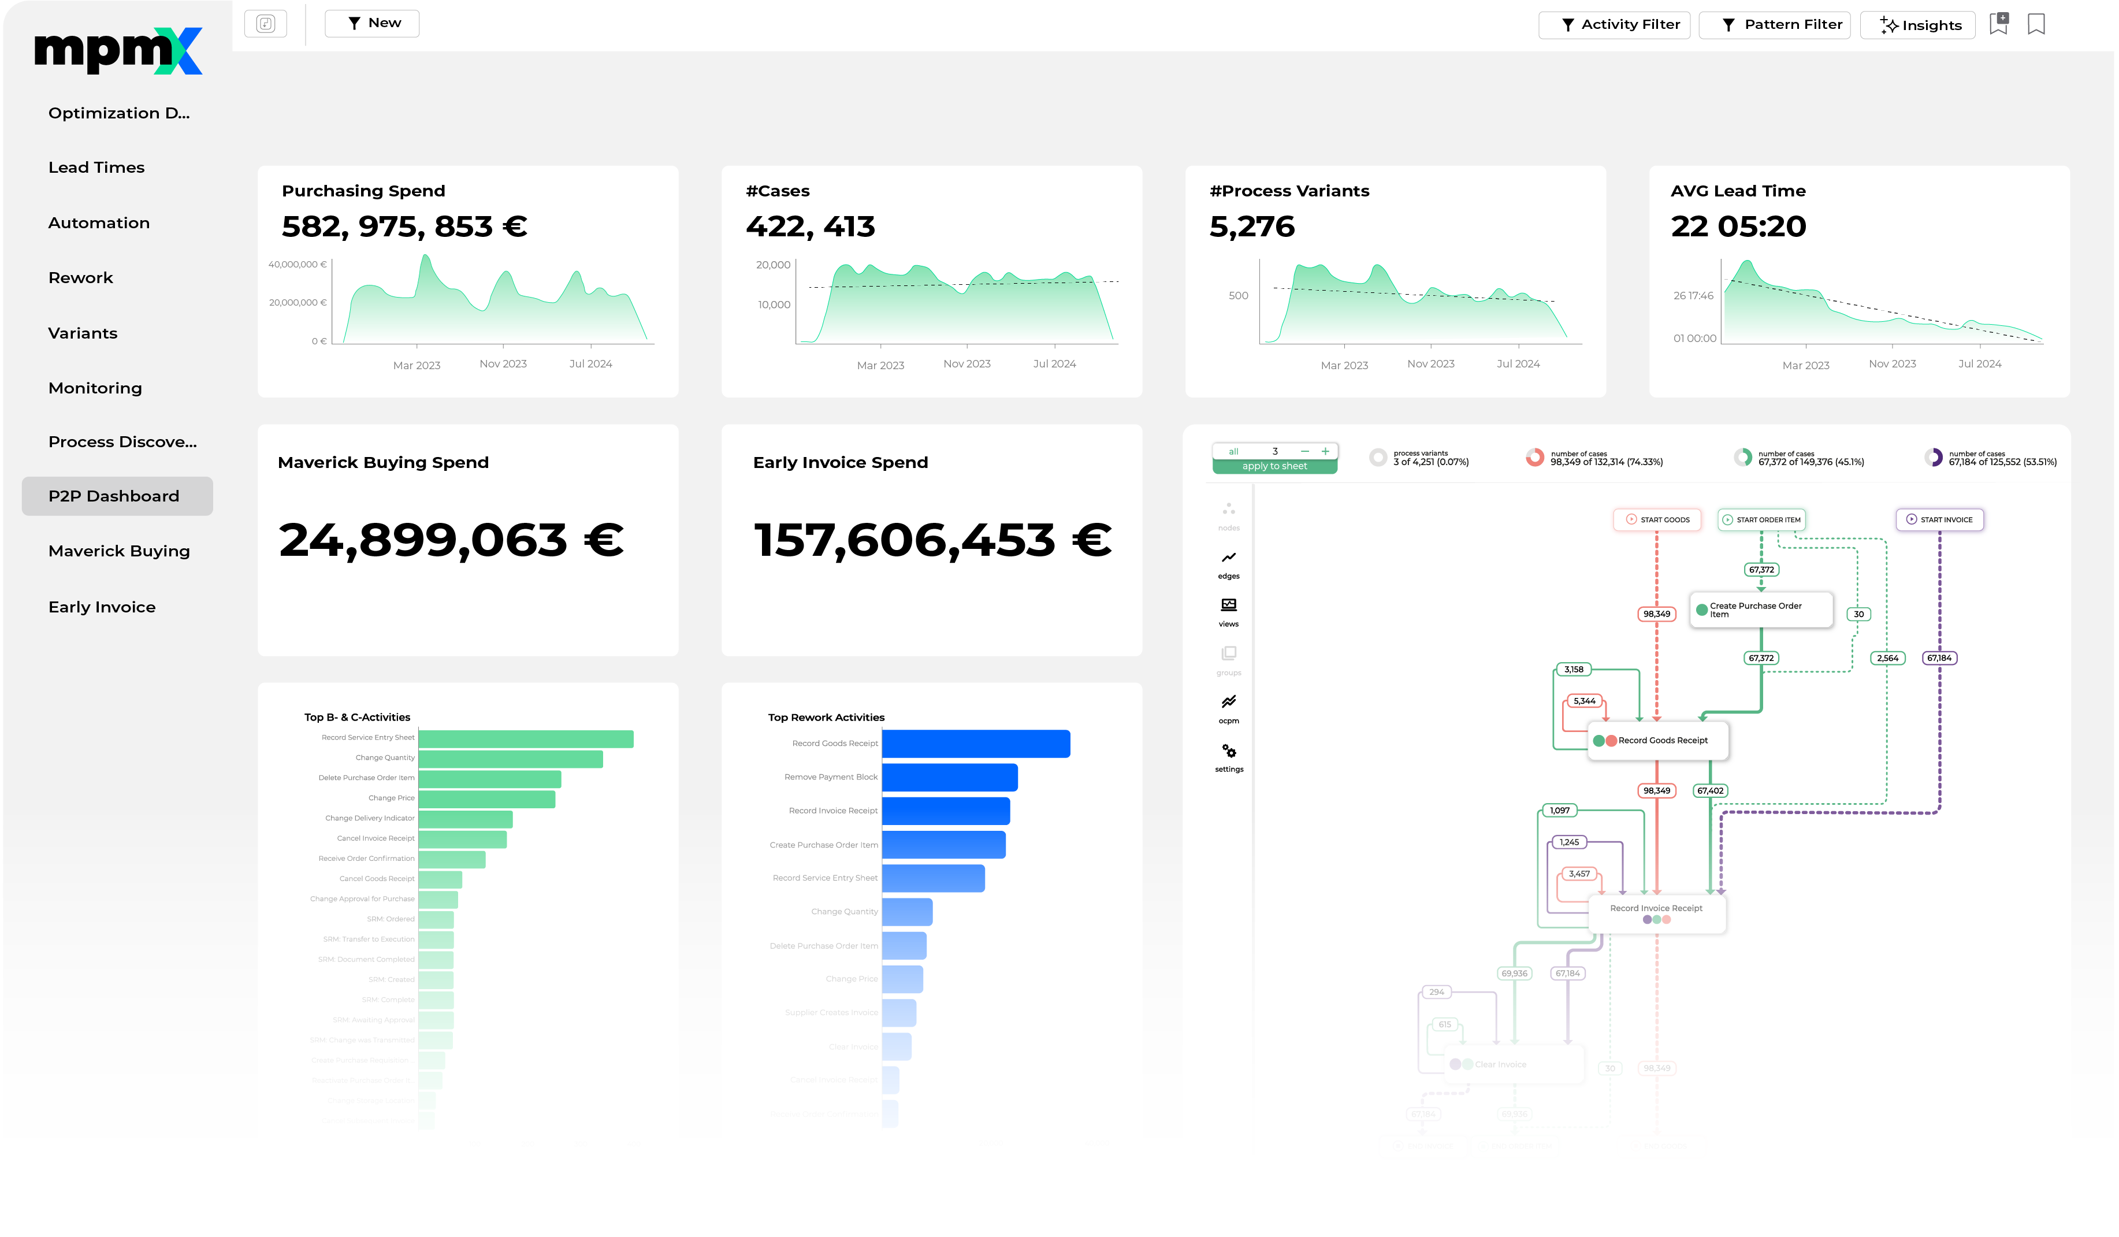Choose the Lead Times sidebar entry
click(x=96, y=168)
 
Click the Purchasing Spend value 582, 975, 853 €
click(x=404, y=226)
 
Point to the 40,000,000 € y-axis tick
click(x=298, y=264)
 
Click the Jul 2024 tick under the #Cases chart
click(x=1054, y=364)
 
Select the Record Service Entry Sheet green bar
click(x=526, y=739)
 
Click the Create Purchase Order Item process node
click(x=1761, y=610)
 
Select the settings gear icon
click(x=1230, y=752)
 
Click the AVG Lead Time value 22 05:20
click(x=1739, y=226)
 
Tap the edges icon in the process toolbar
click(x=1230, y=558)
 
